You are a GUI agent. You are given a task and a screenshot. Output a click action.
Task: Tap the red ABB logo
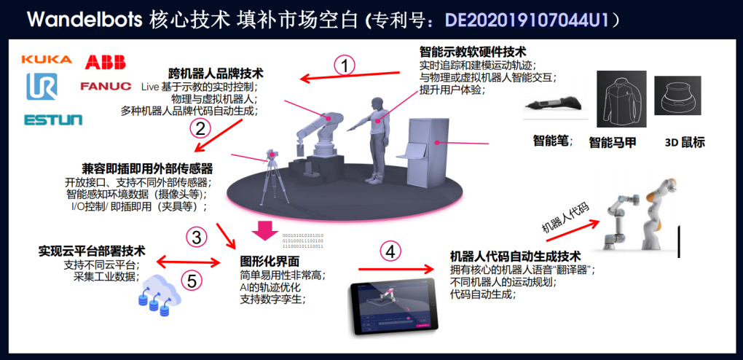106,62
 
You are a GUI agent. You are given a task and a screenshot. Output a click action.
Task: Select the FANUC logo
106,87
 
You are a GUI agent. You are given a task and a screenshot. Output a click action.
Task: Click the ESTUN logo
53,120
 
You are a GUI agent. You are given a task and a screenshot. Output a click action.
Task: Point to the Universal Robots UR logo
42,87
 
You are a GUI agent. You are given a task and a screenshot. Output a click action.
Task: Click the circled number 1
345,65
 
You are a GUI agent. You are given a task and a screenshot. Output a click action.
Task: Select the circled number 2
199,128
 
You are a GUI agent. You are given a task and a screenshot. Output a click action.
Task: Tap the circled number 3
197,237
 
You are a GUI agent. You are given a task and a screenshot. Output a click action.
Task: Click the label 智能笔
553,141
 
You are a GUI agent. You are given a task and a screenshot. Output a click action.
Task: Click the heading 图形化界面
270,261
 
